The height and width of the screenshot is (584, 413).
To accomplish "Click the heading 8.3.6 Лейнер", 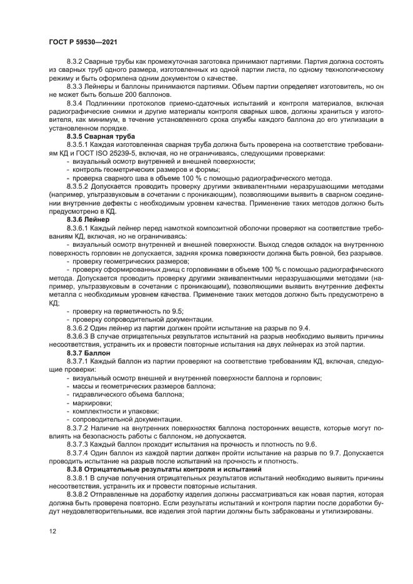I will point(88,220).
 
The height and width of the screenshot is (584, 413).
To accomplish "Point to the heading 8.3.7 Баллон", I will point(88,353).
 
